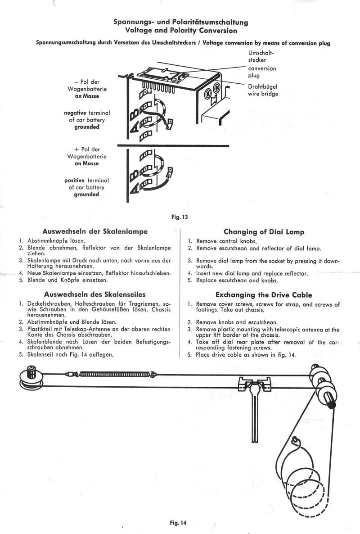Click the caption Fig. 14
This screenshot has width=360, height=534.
point(178,523)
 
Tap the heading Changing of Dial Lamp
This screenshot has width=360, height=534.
point(264,232)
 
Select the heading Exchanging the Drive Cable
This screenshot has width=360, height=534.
point(264,295)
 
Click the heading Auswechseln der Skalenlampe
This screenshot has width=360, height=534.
point(94,231)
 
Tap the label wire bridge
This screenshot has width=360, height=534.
point(263,94)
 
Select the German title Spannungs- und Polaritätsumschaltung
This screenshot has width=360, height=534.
point(181,22)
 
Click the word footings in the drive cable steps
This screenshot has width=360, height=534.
point(209,311)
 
